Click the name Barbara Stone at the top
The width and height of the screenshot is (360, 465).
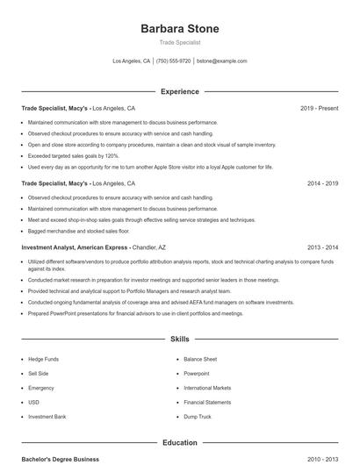tap(179, 29)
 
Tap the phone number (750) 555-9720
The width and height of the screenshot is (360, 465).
tap(173, 61)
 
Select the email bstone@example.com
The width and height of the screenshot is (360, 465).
tap(221, 61)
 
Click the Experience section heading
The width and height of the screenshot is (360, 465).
tap(179, 91)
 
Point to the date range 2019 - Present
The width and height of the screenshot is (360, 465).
tap(319, 108)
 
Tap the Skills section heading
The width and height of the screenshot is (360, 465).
tap(179, 338)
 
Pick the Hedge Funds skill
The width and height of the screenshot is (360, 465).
tap(43, 359)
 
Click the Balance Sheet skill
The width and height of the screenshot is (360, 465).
tap(200, 359)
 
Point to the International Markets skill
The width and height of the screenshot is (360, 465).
tap(207, 387)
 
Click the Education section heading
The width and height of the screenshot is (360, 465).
tap(179, 443)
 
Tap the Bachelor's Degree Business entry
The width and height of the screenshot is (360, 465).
tap(61, 459)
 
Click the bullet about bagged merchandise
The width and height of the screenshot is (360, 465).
tap(78, 230)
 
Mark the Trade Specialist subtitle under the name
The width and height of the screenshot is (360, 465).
tap(179, 42)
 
